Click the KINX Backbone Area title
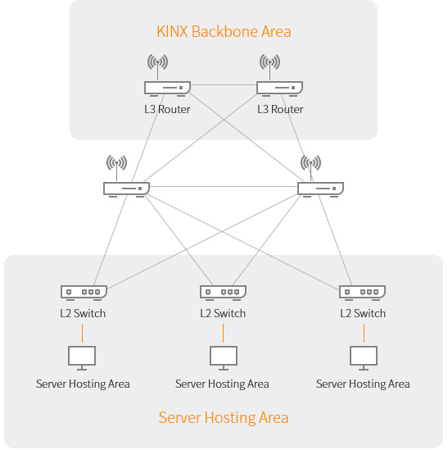tap(224, 31)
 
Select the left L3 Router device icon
tap(168, 89)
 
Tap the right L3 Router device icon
tap(279, 89)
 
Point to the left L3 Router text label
tap(167, 109)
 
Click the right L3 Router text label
tap(280, 109)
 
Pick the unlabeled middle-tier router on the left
tap(126, 189)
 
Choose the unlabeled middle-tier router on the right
tap(321, 189)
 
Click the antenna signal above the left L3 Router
tap(157, 62)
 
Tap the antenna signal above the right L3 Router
tap(269, 62)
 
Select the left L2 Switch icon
tap(84, 293)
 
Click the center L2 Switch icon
tap(223, 293)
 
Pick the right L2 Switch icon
tap(363, 293)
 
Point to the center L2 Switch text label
tap(223, 313)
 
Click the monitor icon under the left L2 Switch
tap(82, 358)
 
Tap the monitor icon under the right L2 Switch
tap(364, 358)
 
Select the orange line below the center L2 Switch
tap(223, 333)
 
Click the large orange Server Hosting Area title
tap(224, 417)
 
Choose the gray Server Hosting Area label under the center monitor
tap(222, 384)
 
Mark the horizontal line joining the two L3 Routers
tap(224, 85)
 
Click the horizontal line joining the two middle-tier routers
tap(224, 187)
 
